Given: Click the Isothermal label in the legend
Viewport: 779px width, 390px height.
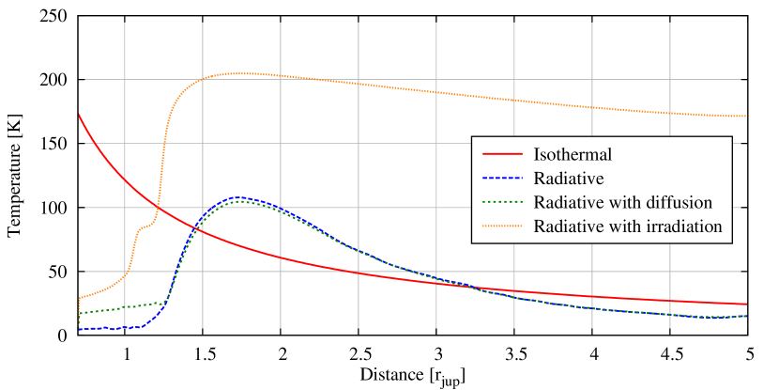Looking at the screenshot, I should tap(573, 154).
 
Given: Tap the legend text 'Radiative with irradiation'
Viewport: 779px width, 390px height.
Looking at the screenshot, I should tap(627, 226).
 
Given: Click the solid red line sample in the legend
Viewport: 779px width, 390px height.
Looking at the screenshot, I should tap(502, 154).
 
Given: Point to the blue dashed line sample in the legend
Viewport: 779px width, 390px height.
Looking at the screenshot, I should tap(502, 178).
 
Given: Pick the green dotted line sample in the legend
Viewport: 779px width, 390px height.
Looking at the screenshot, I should tap(502, 202).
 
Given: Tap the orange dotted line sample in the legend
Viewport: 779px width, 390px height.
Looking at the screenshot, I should tap(502, 226).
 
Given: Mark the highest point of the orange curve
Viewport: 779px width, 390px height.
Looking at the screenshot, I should tap(242, 73).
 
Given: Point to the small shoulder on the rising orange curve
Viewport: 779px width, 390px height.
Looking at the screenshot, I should tap(145, 226).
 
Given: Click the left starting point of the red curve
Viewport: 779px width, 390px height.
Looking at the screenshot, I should tap(79, 114).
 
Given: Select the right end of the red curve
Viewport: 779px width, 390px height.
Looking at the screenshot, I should tap(746, 304).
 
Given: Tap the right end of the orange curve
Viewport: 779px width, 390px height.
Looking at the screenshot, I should tap(746, 116).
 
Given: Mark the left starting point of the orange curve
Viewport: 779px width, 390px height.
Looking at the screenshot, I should tap(79, 299).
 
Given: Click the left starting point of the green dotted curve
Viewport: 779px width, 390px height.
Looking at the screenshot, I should tap(79, 313).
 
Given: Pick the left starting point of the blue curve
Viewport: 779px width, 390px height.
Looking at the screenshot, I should tap(79, 328).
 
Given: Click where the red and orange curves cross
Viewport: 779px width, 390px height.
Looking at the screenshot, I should tap(157, 208).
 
